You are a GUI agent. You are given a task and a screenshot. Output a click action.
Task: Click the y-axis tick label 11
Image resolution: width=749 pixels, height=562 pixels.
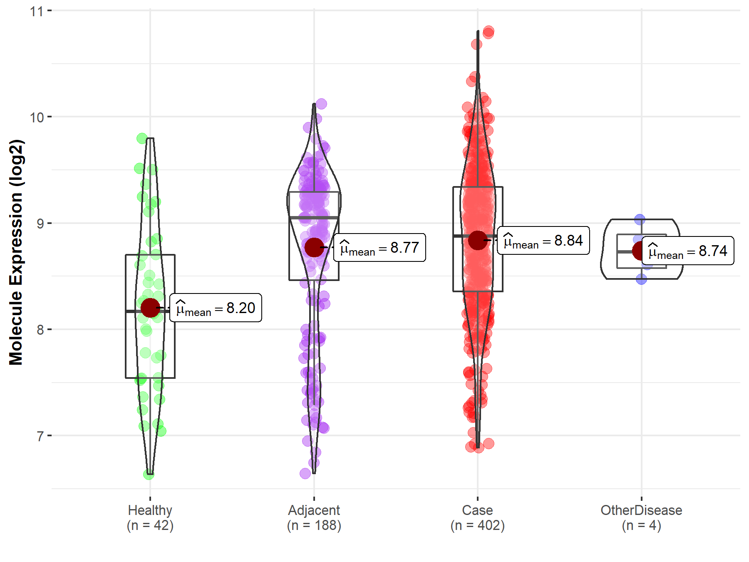37,11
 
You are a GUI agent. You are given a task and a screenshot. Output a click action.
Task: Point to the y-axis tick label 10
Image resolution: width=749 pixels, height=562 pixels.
37,117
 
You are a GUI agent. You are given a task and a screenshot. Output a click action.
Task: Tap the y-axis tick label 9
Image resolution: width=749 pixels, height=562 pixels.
40,224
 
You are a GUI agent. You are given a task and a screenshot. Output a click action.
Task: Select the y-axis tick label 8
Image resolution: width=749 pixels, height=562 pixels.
40,330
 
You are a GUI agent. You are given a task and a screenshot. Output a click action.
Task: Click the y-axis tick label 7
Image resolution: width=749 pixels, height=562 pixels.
40,436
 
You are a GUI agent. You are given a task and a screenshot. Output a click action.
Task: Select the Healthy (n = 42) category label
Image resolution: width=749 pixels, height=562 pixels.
150,517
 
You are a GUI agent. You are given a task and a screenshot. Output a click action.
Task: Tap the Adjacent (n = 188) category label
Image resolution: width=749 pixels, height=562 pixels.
314,517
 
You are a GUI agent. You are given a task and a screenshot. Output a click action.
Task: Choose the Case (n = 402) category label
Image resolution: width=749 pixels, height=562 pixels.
478,517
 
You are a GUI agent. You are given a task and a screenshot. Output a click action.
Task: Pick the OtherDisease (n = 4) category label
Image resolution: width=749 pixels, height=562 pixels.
641,517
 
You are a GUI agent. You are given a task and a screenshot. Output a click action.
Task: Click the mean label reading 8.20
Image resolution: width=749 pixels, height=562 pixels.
216,308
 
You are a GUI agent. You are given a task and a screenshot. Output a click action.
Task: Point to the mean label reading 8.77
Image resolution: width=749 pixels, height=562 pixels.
379,248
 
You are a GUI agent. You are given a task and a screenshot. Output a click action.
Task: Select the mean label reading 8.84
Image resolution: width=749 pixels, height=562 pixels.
543,241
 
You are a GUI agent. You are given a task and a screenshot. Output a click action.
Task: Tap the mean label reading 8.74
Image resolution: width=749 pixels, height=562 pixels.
688,251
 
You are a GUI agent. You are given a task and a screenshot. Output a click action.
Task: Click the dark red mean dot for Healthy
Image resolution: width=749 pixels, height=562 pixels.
150,308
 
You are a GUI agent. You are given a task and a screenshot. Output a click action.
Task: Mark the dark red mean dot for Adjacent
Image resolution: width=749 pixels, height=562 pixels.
314,247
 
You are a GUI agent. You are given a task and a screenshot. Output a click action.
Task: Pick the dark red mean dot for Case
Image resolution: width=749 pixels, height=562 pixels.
478,240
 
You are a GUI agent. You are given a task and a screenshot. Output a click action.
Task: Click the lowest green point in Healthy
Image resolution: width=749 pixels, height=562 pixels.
149,474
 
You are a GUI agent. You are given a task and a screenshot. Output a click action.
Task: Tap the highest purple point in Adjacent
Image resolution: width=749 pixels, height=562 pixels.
321,104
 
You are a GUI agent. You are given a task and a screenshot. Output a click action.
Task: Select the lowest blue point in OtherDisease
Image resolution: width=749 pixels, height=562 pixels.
641,279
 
